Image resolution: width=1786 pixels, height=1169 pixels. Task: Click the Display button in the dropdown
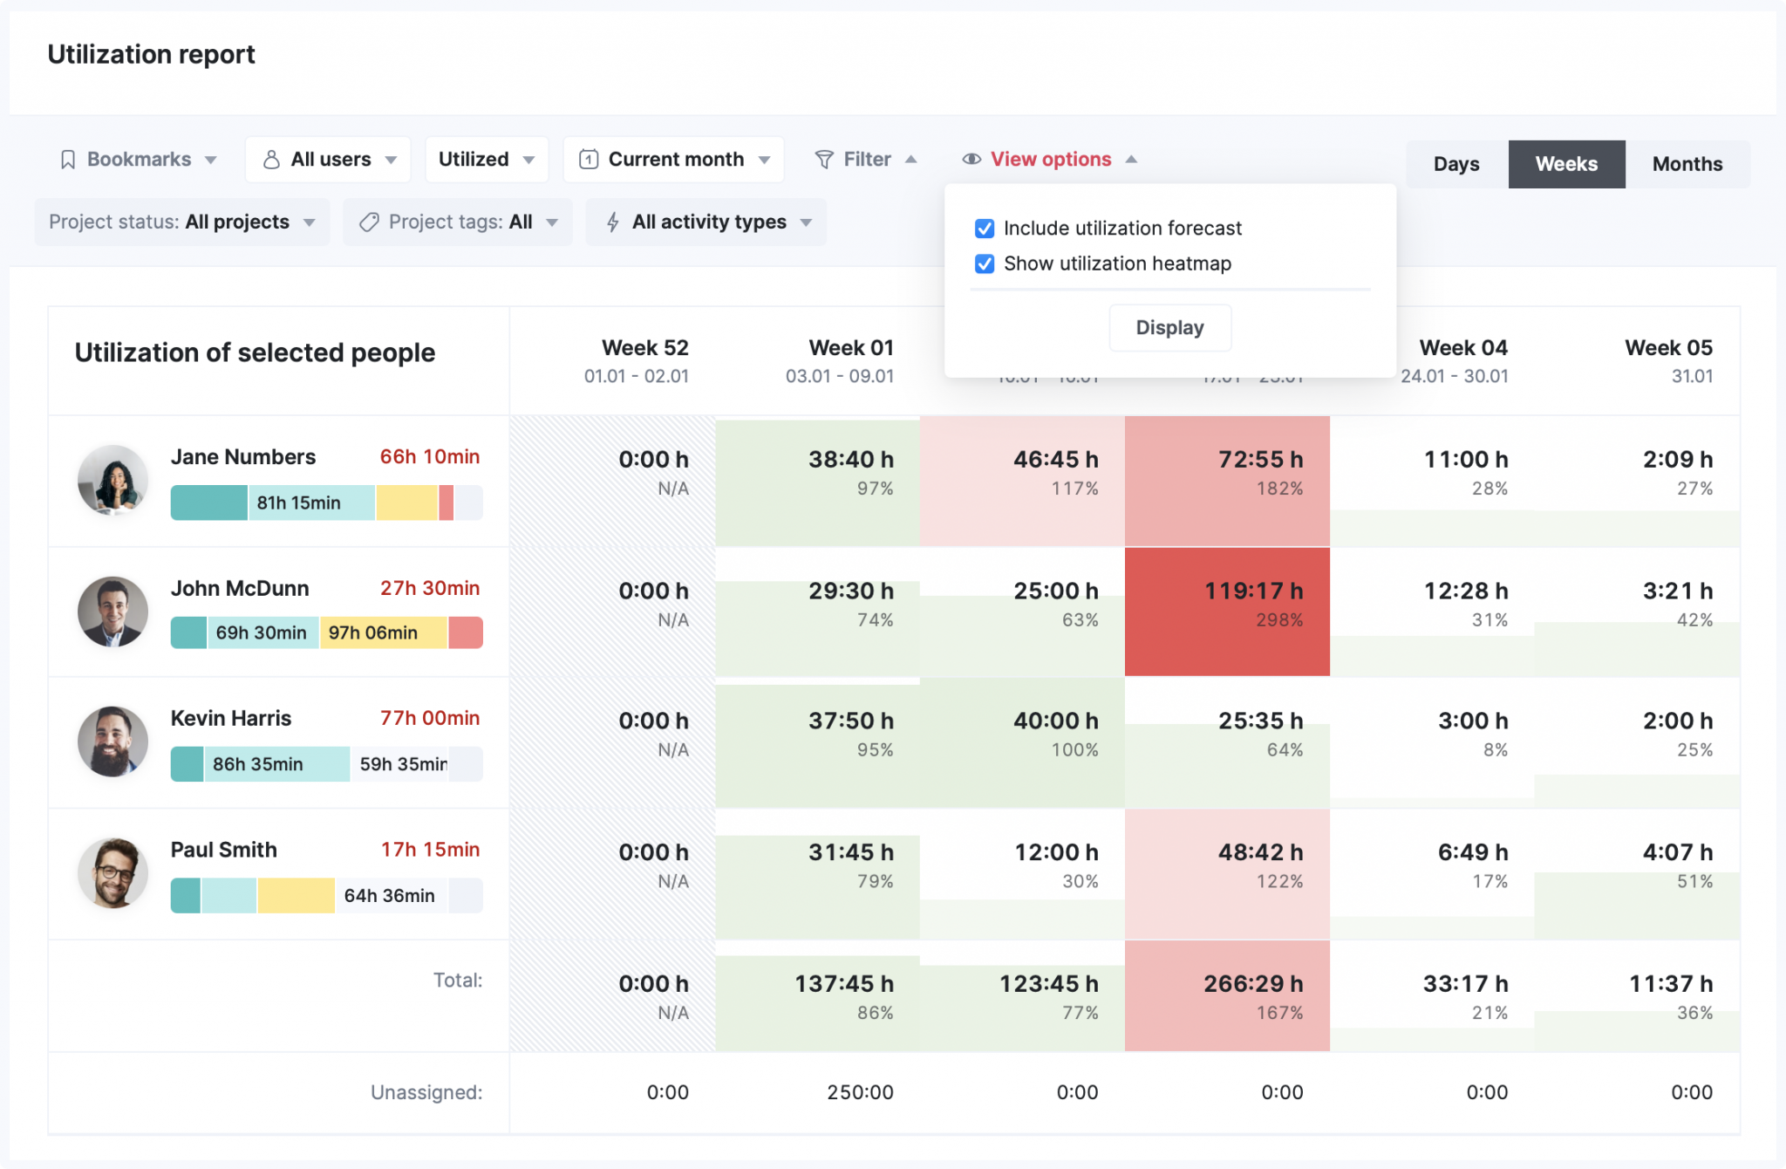pos(1169,328)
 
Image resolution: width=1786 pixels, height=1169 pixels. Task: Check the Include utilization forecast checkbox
pos(985,229)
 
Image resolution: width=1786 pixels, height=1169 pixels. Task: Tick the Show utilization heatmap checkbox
pos(985,263)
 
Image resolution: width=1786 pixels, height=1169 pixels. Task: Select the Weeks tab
pos(1566,164)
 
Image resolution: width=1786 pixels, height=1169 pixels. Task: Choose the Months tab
pos(1687,164)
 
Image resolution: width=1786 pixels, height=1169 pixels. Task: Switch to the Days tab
pos(1456,164)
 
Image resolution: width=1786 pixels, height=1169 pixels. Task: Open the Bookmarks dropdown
pos(139,160)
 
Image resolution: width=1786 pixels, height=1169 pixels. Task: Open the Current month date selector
pos(674,160)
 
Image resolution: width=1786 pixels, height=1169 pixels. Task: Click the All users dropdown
pos(329,160)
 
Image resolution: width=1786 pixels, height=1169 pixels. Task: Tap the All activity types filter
pos(707,222)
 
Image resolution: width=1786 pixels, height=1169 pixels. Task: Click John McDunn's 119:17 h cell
pos(1227,611)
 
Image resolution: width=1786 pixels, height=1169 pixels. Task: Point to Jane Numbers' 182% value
pos(1279,489)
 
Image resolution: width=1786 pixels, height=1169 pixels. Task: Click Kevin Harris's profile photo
pos(112,742)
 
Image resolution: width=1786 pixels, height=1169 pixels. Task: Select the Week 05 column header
pos(1667,359)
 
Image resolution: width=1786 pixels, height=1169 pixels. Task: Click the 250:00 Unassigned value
pos(860,1092)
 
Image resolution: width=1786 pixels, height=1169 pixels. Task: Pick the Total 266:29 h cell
pos(1227,995)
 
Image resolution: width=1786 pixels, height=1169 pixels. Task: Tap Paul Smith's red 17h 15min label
pos(430,850)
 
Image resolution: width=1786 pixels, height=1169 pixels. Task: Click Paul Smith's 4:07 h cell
pos(1637,873)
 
